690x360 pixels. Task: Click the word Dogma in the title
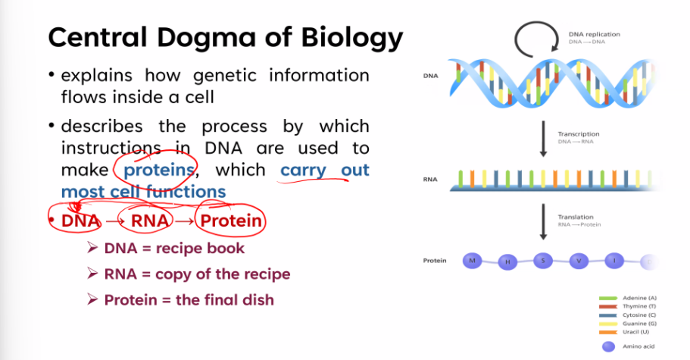(206, 39)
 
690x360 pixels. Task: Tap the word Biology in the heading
(351, 39)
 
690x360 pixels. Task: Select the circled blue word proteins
(159, 171)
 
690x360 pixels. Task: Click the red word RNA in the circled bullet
(150, 221)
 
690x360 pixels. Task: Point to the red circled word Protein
(231, 221)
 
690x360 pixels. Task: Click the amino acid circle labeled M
(472, 261)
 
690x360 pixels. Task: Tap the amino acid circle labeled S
(543, 261)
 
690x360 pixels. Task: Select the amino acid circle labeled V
(579, 261)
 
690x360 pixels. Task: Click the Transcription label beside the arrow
(579, 134)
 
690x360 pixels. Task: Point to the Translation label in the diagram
(576, 217)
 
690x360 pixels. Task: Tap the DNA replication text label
(595, 34)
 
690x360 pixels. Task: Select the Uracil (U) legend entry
(627, 332)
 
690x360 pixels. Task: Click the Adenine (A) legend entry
(627, 298)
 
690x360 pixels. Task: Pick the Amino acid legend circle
(609, 346)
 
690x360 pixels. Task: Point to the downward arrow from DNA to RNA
(544, 139)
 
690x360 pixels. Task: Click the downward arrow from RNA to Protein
(544, 222)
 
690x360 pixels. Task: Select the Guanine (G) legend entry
(627, 324)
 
